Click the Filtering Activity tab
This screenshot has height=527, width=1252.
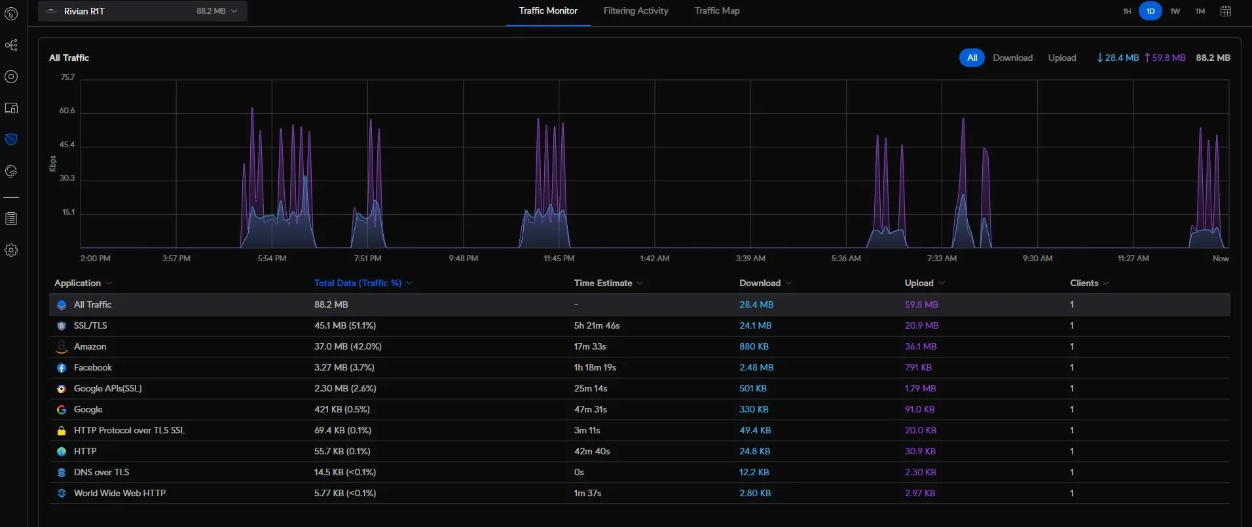636,10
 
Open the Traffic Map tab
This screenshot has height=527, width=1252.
717,10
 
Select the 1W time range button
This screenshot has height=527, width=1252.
1175,11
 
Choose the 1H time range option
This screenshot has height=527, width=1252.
1127,11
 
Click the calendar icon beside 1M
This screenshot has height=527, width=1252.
1226,11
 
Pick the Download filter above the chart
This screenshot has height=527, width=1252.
1012,58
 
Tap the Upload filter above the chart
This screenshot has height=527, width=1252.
1062,58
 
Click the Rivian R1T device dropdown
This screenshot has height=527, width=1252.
143,11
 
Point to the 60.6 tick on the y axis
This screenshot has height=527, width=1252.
67,111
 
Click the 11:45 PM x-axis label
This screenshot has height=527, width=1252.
559,259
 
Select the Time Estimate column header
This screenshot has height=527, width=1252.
603,283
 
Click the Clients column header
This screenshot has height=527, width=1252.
1084,283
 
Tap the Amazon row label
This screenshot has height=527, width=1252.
90,346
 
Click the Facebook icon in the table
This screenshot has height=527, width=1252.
62,368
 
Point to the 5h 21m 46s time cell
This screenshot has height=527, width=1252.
597,325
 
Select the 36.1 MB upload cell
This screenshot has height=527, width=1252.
921,346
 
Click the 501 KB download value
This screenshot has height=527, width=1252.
753,388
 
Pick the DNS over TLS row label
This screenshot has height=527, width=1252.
101,472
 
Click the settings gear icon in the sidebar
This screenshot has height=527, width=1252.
11,250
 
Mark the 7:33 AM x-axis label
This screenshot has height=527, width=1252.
942,259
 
